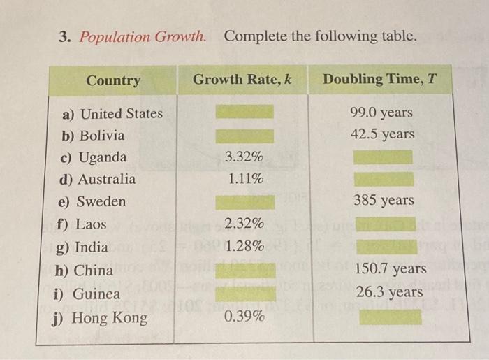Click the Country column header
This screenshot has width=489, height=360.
[x=113, y=80]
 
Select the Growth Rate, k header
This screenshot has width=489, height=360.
[x=242, y=80]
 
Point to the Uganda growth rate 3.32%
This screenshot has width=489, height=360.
[x=245, y=156]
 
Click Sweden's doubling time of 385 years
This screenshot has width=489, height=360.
[x=384, y=201]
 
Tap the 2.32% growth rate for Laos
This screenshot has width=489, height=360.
[x=245, y=224]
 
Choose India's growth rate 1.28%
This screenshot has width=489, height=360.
[x=245, y=246]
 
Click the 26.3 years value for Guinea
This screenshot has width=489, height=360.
[x=389, y=291]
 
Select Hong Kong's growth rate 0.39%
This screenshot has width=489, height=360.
[x=245, y=317]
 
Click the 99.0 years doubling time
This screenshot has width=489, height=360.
[x=383, y=112]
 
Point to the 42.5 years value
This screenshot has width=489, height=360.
[x=383, y=134]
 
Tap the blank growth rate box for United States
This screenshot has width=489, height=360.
[x=244, y=112]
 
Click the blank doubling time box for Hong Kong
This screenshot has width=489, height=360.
[x=390, y=317]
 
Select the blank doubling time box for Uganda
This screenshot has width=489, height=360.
[x=383, y=157]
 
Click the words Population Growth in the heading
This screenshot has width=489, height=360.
[x=143, y=36]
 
